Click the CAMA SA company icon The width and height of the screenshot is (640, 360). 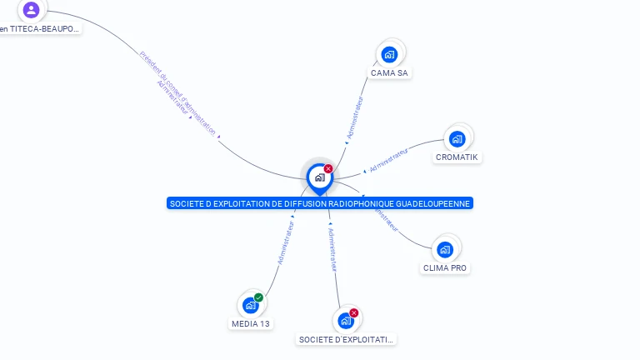(x=388, y=55)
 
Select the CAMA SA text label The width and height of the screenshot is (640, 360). (x=389, y=73)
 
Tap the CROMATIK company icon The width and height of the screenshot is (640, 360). (x=457, y=138)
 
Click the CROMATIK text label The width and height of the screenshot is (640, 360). (x=458, y=157)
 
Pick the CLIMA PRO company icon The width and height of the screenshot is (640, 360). (x=445, y=249)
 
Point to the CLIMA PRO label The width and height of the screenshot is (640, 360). (x=445, y=268)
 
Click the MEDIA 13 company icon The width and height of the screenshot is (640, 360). (x=250, y=305)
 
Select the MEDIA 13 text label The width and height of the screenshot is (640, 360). (x=250, y=323)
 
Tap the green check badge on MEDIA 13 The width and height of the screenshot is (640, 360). (x=259, y=297)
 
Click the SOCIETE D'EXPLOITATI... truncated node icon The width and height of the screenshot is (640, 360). (x=346, y=321)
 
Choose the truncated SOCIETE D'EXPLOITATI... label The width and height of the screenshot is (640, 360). (x=347, y=340)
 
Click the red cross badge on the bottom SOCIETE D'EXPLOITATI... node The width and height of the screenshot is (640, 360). (x=354, y=313)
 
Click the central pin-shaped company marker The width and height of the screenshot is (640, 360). (x=319, y=177)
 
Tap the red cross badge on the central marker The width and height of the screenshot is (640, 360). (x=328, y=168)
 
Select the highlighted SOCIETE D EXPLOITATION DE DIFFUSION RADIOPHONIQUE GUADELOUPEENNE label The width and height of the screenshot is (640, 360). (x=320, y=203)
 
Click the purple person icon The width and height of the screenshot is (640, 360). (x=31, y=10)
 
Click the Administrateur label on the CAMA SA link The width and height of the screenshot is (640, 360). (x=355, y=117)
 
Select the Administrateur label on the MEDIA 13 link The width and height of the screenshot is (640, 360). (x=286, y=242)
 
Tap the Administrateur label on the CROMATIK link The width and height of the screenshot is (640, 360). (x=389, y=161)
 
